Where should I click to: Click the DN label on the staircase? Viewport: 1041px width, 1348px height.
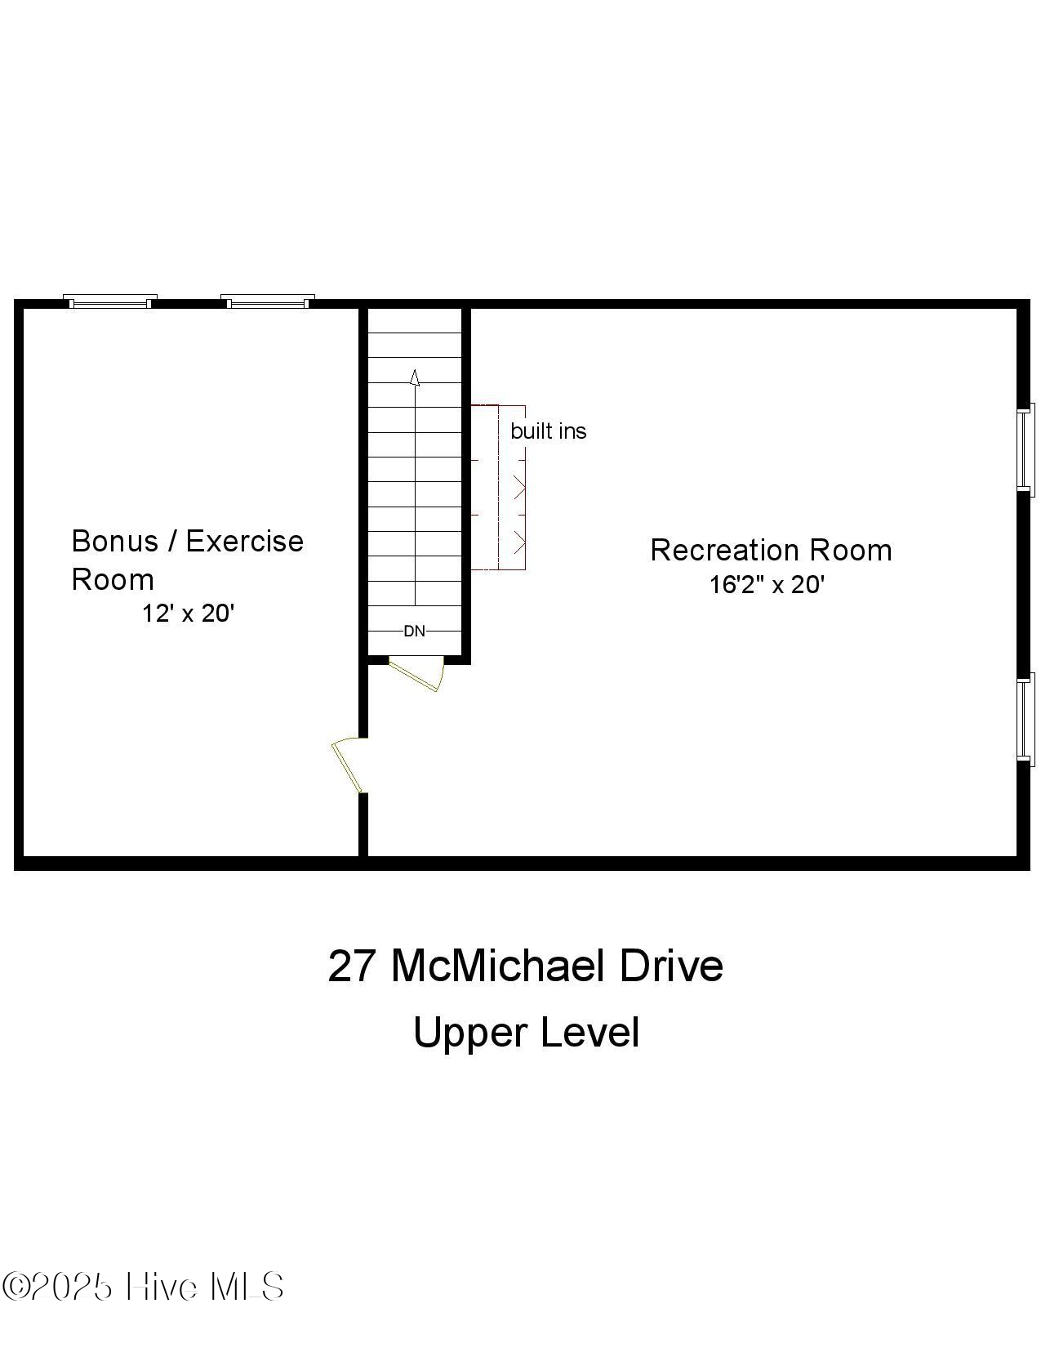point(415,631)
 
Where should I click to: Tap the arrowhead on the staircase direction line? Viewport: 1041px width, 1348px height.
point(415,377)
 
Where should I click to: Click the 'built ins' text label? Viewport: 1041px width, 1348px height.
point(548,431)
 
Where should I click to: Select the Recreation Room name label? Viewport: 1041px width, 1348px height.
point(771,550)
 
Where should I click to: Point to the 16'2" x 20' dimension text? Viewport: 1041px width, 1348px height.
point(767,585)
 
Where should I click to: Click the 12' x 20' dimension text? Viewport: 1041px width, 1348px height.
point(188,614)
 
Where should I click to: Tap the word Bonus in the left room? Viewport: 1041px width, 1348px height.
point(114,541)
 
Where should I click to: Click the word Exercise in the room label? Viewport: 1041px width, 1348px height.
point(245,541)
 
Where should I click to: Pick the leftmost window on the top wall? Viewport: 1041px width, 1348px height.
point(110,302)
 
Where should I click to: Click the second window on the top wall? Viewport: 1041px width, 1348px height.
point(268,302)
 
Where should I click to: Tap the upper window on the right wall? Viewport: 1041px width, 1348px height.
point(1025,449)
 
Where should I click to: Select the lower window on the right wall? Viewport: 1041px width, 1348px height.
point(1025,719)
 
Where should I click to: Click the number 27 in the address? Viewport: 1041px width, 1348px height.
point(352,966)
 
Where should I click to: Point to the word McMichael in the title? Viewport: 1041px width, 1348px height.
point(498,966)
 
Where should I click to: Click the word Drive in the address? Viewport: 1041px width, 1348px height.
point(671,966)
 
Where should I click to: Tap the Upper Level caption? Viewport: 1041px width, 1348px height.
point(526,1032)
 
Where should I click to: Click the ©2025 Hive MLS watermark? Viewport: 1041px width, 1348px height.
point(143,1287)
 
